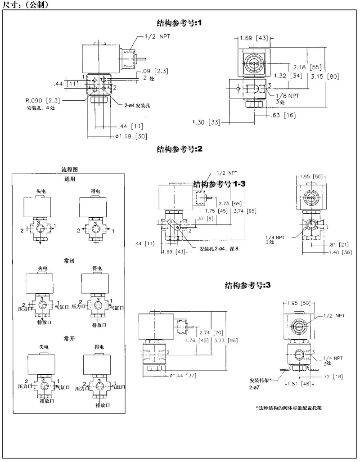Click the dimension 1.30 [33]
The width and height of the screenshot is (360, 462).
point(207,122)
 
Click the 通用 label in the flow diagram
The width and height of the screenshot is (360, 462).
point(69,179)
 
